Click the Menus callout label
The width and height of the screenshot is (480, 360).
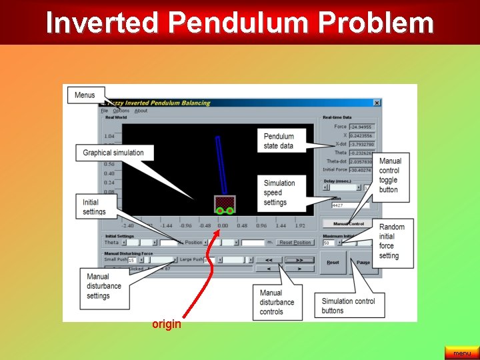pyautogui.click(x=85, y=95)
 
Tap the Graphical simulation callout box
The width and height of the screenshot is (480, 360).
pyautogui.click(x=113, y=153)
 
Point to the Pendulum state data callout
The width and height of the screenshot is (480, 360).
pyautogui.click(x=279, y=141)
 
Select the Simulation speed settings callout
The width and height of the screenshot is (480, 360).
pyautogui.click(x=279, y=193)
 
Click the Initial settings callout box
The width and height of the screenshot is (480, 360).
pyautogui.click(x=94, y=207)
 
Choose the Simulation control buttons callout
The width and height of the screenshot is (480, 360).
pyautogui.click(x=348, y=305)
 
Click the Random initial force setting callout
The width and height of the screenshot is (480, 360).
pyautogui.click(x=392, y=241)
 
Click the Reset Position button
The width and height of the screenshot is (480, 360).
pyautogui.click(x=295, y=243)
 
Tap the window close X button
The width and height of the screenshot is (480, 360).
pyautogui.click(x=377, y=103)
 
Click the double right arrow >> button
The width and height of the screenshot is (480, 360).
pyautogui.click(x=299, y=260)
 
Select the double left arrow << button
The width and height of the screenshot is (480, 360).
pyautogui.click(x=269, y=260)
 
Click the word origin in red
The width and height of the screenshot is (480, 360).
pyautogui.click(x=166, y=325)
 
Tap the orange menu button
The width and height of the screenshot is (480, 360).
pyautogui.click(x=461, y=353)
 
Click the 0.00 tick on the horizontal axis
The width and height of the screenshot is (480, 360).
pyautogui.click(x=223, y=226)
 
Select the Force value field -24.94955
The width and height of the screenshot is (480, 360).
pyautogui.click(x=362, y=127)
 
